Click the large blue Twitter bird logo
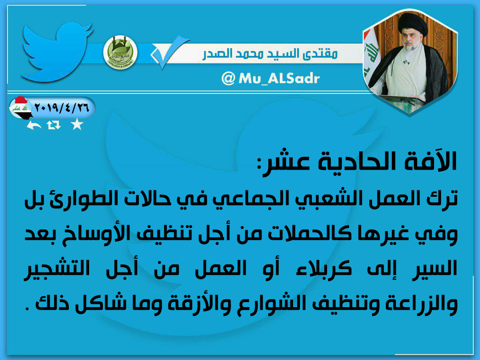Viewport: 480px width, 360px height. coord(56,52)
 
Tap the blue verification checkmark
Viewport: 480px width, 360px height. coord(170,51)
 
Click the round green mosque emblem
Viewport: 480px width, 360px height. coord(120,52)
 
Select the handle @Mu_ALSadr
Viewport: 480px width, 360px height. coord(270,79)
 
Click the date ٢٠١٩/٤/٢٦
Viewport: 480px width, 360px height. coord(62,108)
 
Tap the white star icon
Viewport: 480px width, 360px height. coord(77,125)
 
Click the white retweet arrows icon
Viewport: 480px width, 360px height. coord(54,125)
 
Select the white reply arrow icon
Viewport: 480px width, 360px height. coord(34,125)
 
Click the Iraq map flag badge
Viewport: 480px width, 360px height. coord(20,108)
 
